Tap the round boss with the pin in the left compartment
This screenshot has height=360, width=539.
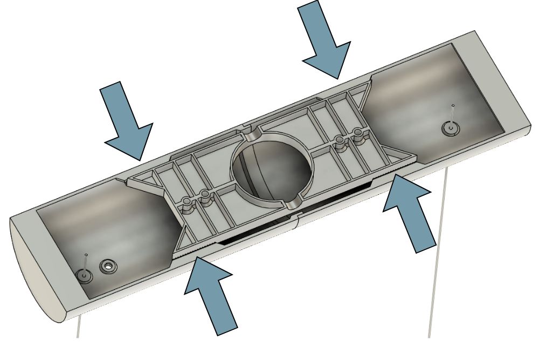tap(84, 275)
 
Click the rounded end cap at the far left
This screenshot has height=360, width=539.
tap(32, 270)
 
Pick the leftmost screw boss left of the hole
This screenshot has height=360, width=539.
tap(186, 203)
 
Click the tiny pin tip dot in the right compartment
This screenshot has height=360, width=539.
tap(453, 105)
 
